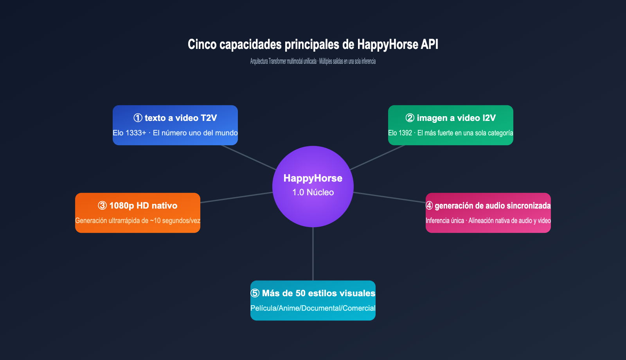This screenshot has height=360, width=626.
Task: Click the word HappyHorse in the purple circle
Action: coord(313,178)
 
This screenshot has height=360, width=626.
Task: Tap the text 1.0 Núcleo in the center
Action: coord(313,192)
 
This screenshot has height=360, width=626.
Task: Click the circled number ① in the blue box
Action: coord(138,118)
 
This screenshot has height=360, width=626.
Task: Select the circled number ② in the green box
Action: coord(410,118)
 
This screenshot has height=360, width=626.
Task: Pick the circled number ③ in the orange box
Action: coord(102,205)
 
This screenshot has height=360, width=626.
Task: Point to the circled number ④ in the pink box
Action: coord(429,205)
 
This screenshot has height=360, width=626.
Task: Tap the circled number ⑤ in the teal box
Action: coord(255,293)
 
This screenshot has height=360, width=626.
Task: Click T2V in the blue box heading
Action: coord(209,118)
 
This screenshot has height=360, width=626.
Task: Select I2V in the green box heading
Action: coord(489,118)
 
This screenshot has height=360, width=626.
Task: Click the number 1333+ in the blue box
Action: coord(136,133)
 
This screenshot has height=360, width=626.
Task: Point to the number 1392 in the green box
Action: coord(405,133)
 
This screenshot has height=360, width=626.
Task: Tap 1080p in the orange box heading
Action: coord(122,205)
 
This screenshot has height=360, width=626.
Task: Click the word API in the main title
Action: coord(430,44)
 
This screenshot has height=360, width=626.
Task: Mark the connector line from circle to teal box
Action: coord(313,254)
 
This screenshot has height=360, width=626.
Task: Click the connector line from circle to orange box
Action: coord(237,197)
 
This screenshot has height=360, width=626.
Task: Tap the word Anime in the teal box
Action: coord(289,308)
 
